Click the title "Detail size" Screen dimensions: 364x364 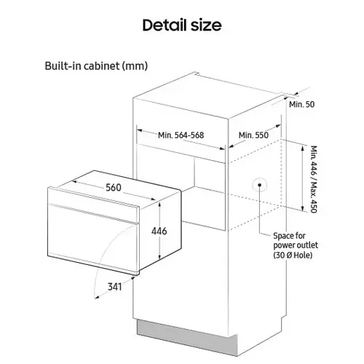[x=182, y=25]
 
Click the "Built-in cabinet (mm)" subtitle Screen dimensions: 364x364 [x=96, y=66]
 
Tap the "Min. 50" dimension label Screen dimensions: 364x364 [x=301, y=104]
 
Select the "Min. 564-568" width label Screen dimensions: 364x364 [x=181, y=135]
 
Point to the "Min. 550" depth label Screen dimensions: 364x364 [x=253, y=135]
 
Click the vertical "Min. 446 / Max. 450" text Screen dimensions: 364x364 [x=314, y=179]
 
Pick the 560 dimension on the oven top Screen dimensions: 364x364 [x=114, y=187]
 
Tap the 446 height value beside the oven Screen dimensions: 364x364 [x=159, y=231]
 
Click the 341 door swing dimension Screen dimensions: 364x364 [x=114, y=287]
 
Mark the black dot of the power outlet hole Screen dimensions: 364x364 [x=259, y=185]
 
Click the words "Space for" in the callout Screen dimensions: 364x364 [x=289, y=236]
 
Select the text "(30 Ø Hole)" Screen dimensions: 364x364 [x=293, y=256]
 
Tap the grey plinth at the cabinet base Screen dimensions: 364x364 [x=187, y=337]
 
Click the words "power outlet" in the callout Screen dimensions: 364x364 [x=296, y=245]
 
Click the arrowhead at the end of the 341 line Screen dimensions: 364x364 [x=97, y=297]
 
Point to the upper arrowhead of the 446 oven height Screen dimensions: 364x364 [x=159, y=205]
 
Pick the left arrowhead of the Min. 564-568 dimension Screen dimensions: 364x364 [x=139, y=130]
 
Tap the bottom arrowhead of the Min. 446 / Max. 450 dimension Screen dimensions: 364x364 [x=302, y=208]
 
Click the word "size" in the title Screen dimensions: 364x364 [x=206, y=25]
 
